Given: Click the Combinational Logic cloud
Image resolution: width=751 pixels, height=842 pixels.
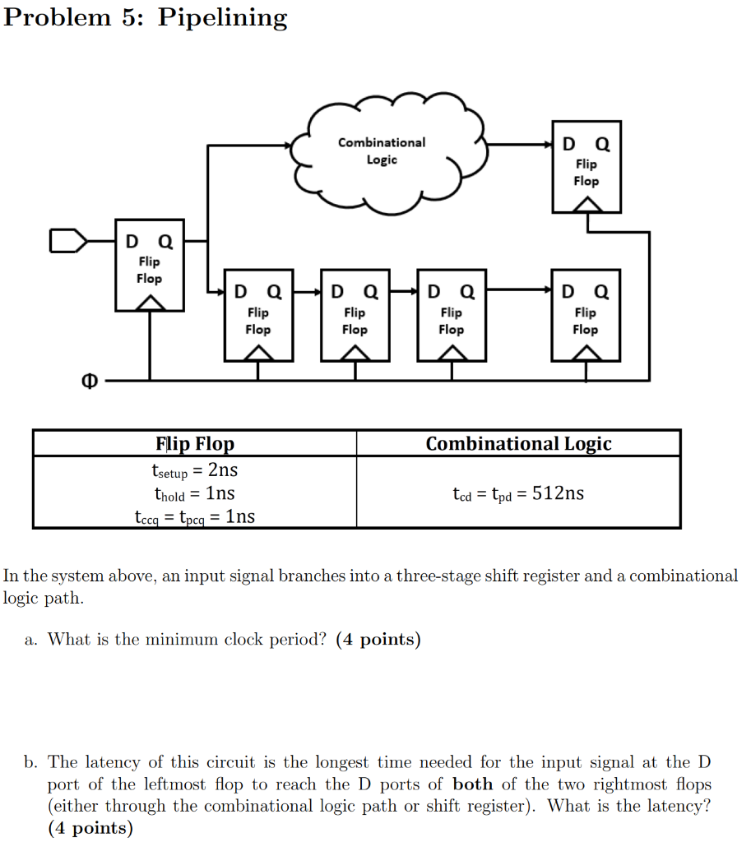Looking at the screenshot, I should (x=382, y=153).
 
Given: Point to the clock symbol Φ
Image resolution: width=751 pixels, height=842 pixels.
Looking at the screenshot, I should (x=90, y=381).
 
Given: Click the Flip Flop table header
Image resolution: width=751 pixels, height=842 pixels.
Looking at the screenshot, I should (x=195, y=444).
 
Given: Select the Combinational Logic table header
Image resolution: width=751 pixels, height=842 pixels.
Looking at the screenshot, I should (x=518, y=444).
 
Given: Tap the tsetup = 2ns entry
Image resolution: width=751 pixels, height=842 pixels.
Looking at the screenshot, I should (x=195, y=470).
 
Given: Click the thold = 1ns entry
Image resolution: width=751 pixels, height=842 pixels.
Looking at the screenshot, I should (x=195, y=493).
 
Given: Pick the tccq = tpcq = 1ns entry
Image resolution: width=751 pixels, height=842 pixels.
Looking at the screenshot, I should (x=195, y=516).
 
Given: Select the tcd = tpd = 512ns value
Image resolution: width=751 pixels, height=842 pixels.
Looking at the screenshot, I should (x=518, y=493).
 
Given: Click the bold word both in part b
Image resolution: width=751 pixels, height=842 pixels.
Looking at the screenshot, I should (x=472, y=784).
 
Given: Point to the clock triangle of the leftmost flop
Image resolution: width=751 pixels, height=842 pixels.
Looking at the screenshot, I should (x=149, y=303).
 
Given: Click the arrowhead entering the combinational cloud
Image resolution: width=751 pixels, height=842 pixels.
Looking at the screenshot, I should (x=288, y=146).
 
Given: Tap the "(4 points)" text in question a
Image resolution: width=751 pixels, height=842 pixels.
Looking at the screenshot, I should (x=378, y=640).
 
